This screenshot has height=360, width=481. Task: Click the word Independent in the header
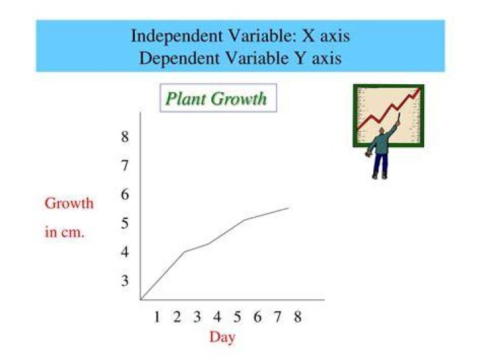pos(176,36)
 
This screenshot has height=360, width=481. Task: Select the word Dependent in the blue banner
pos(179,58)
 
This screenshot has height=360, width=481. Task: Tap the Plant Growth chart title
pos(216,99)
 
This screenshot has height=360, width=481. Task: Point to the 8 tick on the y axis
pos(124,136)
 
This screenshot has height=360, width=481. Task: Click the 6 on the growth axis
pos(124,194)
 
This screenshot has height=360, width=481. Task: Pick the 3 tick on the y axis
pos(124,281)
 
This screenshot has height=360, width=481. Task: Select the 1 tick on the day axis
pos(157,317)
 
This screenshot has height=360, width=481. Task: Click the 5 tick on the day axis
pos(237,317)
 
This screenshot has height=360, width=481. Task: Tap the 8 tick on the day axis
pos(297,317)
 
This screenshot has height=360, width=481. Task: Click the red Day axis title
pos(222,337)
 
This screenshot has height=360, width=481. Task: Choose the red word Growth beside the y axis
pos(69,203)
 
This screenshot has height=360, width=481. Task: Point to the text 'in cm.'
pos(64,232)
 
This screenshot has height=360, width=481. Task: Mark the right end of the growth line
pos(289,208)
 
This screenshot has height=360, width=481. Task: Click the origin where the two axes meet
pos(140,300)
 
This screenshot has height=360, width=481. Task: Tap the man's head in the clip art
pos(381,131)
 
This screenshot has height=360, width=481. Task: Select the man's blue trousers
pos(380,164)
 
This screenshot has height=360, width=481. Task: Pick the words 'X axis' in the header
pos(326,36)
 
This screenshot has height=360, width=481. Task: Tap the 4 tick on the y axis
pos(124,252)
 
